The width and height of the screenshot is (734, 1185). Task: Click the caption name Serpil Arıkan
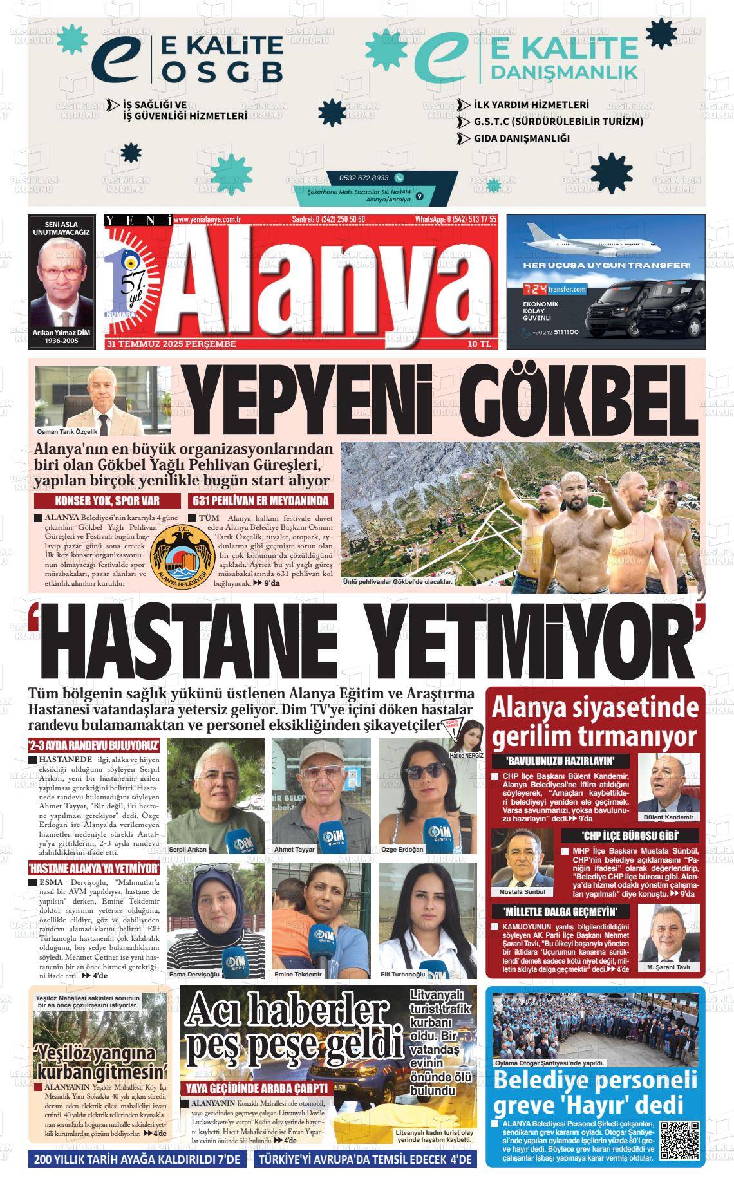pyautogui.click(x=188, y=849)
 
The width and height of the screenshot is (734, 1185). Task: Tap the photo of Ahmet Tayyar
pyautogui.click(x=321, y=795)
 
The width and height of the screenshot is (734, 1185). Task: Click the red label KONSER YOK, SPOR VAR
pyautogui.click(x=108, y=501)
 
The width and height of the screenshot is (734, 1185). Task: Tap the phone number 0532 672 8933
pyautogui.click(x=364, y=178)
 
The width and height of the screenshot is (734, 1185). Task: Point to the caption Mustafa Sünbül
pyautogui.click(x=522, y=892)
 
